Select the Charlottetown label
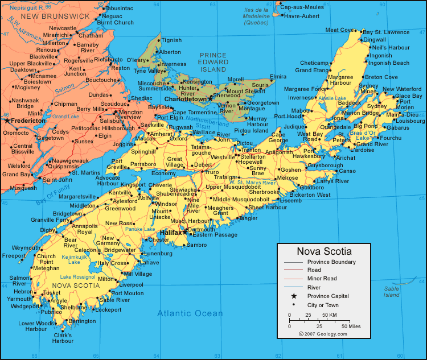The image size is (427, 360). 186,99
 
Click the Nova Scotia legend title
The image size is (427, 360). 324,251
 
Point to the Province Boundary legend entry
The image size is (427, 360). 331,262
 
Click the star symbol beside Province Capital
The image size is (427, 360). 294,296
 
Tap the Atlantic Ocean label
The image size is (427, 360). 190,313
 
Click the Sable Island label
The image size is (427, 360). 392,292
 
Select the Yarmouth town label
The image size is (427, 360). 19,299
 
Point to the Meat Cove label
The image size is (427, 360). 339,30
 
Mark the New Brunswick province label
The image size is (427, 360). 55,16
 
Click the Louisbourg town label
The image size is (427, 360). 410,121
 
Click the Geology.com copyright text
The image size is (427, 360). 323,334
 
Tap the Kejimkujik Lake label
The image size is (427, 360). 74,259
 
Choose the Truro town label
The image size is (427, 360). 212,172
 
